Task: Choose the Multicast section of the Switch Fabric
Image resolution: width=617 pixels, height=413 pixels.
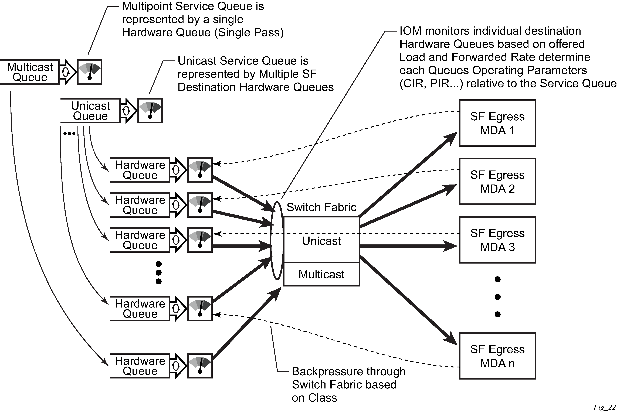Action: click(321, 274)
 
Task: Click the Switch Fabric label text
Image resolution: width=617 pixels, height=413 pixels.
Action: click(321, 207)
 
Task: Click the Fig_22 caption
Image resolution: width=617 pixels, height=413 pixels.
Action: click(604, 407)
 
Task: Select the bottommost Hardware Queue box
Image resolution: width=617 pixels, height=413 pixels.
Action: click(140, 366)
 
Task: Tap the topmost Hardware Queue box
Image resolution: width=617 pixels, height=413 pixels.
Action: click(140, 170)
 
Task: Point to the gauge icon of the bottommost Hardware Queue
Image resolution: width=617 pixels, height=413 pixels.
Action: click(200, 366)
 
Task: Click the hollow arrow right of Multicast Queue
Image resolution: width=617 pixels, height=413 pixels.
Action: click(67, 72)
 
